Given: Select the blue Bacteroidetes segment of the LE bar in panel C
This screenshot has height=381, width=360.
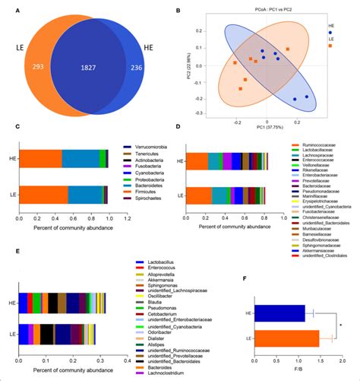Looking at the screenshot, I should [x=84, y=195].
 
